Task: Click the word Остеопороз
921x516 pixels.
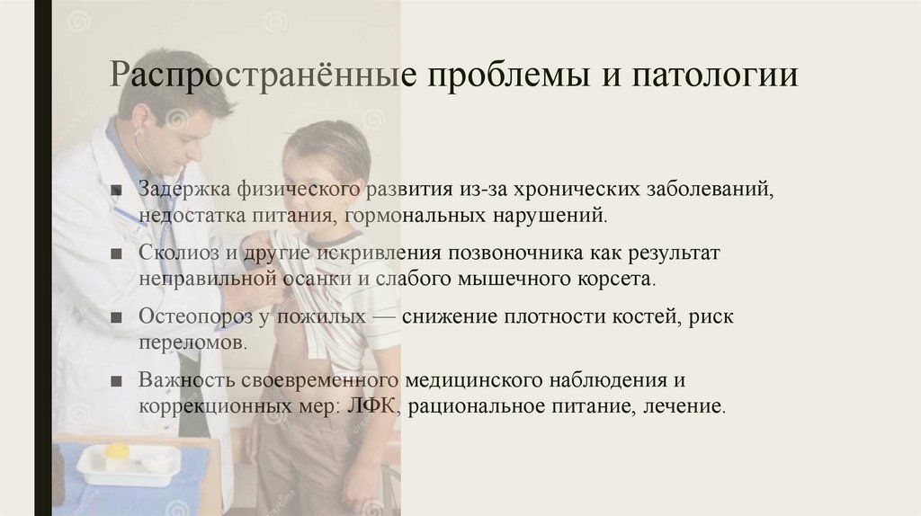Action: [189, 317]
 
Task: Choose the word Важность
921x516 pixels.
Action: [179, 380]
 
